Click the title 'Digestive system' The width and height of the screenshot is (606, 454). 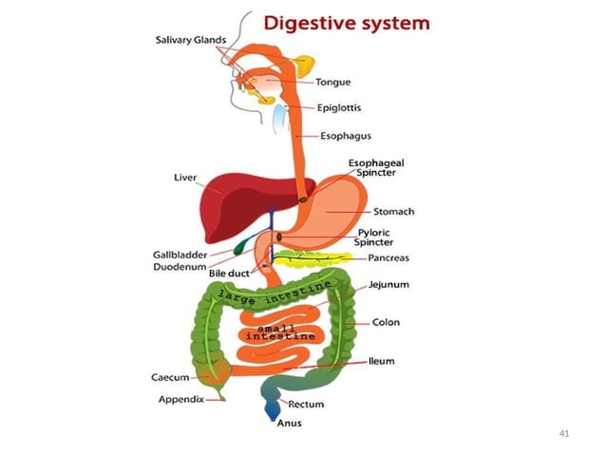coord(345,21)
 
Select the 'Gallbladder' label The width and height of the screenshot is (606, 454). coord(178,255)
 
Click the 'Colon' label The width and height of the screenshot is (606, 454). coord(386,322)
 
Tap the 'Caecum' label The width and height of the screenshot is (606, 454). coord(170,377)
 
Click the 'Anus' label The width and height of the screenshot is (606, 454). coord(289,425)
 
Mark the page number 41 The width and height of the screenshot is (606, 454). coord(564,434)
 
